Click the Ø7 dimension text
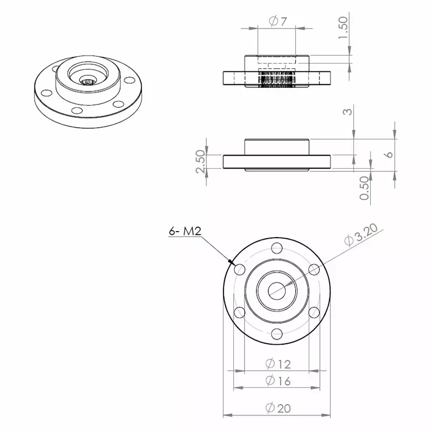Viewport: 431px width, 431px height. click(x=277, y=22)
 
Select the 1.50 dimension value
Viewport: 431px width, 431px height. click(x=343, y=27)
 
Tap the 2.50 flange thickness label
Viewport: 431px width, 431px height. click(x=200, y=162)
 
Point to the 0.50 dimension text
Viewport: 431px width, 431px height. click(x=365, y=188)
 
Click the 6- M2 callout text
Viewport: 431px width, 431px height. click(x=185, y=231)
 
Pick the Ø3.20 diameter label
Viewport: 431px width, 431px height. click(x=362, y=237)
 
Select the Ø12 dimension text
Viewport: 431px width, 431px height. click(x=278, y=364)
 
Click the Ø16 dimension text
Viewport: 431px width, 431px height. click(x=278, y=381)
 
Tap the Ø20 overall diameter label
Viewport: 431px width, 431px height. click(x=278, y=408)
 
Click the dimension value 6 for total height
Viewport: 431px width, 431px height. click(x=390, y=154)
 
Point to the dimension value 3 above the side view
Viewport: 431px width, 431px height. click(x=349, y=112)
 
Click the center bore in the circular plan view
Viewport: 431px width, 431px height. click(x=277, y=291)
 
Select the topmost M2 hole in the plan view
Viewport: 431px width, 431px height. click(x=277, y=248)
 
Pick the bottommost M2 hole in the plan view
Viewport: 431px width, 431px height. click(x=277, y=333)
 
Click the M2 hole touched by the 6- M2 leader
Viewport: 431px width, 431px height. click(x=240, y=269)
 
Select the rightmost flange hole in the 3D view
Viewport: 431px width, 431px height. click(x=129, y=81)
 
